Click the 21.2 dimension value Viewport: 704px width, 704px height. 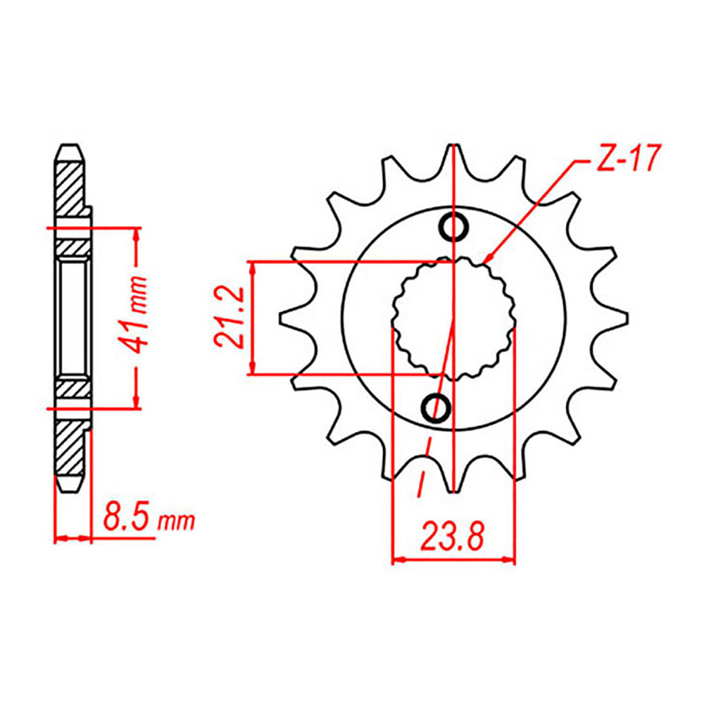230,318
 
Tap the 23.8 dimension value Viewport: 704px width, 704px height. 453,539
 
